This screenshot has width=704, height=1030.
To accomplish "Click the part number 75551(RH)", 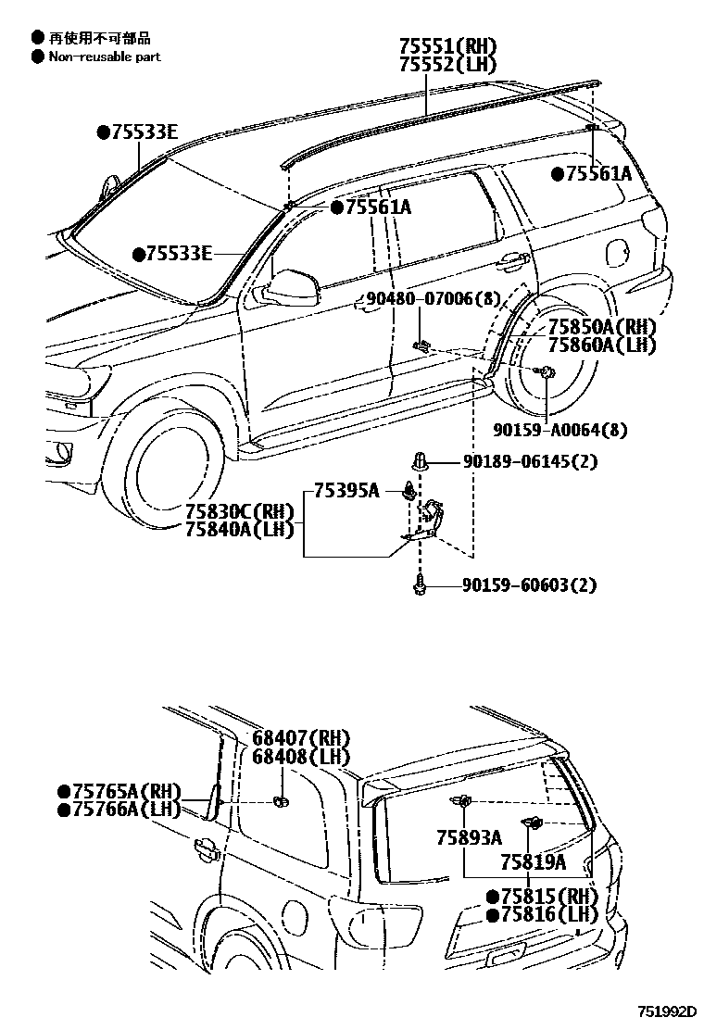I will point(447,45).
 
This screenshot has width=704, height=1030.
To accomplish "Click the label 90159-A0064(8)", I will point(546,431).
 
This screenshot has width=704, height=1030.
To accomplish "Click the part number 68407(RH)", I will point(301,737).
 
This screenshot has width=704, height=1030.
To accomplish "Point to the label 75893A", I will point(469,837).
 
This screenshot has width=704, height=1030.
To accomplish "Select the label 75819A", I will point(533,861).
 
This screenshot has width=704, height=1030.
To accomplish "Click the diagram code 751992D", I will point(664,1012).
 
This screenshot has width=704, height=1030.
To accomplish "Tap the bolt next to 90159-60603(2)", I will point(420,584).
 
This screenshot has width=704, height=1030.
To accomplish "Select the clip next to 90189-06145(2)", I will point(420,460).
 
